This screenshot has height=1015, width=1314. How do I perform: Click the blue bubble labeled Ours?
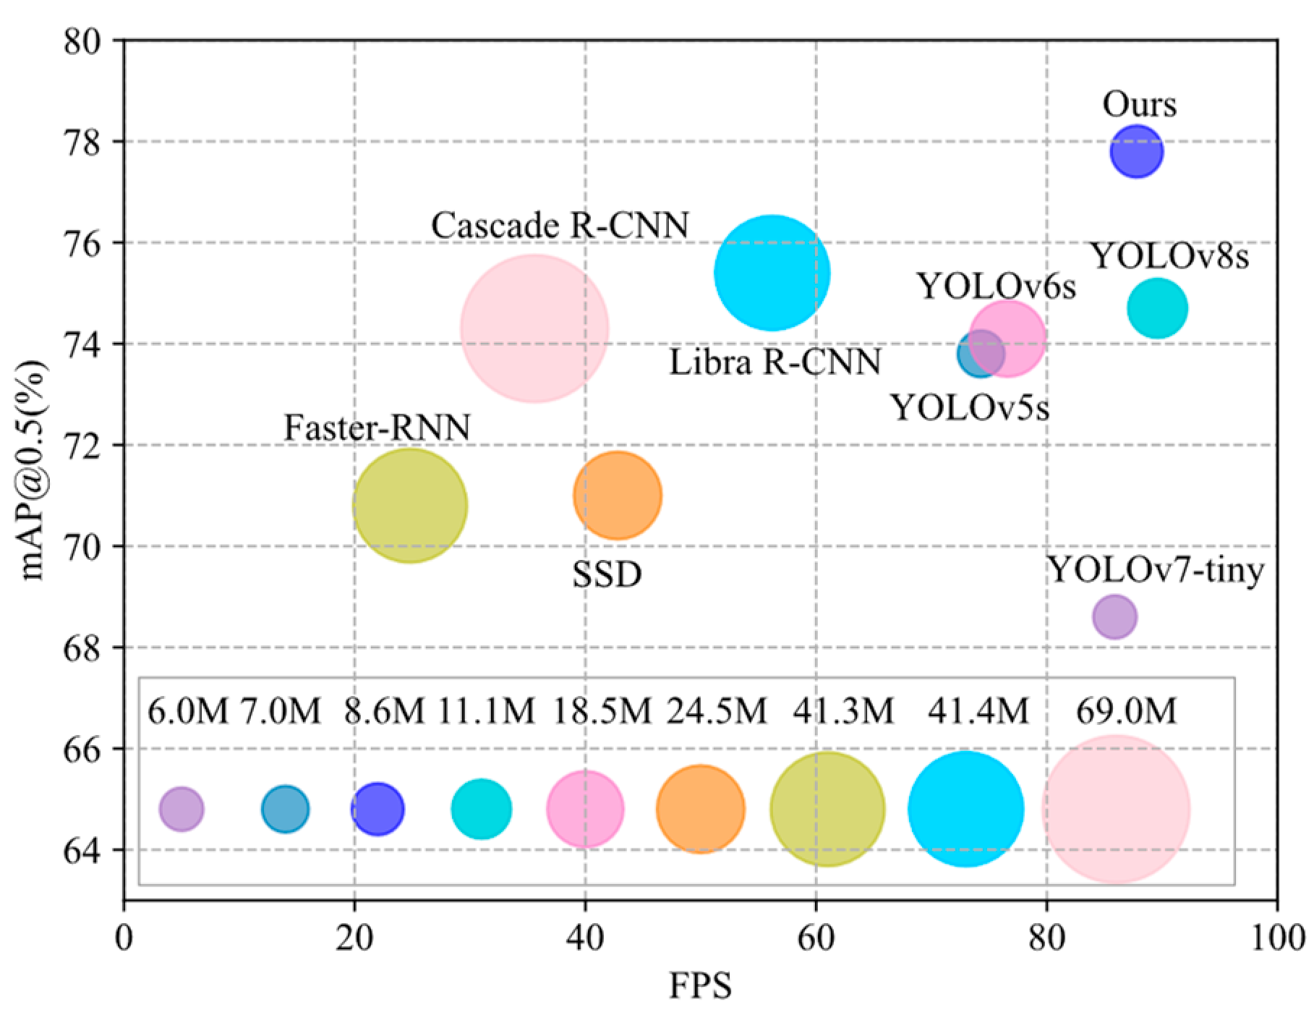pos(1136,151)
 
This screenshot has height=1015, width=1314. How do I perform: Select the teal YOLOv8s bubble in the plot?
pos(1157,308)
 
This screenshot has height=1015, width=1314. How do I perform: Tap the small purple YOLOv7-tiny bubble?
pos(1114,617)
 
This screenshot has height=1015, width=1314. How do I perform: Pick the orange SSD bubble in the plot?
pos(617,496)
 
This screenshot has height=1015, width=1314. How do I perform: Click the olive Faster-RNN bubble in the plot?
pos(410,505)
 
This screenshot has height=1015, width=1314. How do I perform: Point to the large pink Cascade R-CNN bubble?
pos(534,328)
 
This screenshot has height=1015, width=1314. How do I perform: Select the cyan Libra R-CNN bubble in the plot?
pos(772,273)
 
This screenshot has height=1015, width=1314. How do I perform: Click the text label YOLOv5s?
pos(969,408)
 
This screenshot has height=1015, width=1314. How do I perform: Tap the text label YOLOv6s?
pos(996,286)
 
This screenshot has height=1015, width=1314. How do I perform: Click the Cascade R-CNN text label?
pos(560,225)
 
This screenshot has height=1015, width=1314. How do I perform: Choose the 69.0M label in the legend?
pos(1126,711)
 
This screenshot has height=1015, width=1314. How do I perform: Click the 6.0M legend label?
pos(187,711)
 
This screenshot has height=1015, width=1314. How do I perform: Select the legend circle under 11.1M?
pos(481,809)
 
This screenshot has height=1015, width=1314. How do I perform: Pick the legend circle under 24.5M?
pos(700,809)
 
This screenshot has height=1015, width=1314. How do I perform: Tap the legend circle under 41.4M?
pos(965,809)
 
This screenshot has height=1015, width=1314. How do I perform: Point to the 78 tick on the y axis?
pos(82,143)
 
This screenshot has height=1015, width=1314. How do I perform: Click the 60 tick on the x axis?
pos(816,938)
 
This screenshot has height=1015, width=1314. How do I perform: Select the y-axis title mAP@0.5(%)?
pos(33,470)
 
